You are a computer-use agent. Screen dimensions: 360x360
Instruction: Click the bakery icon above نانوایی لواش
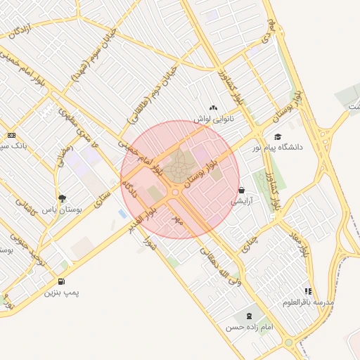213,108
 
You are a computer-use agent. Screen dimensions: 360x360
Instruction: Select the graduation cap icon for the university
277,136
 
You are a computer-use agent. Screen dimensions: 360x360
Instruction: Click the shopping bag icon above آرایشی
242,190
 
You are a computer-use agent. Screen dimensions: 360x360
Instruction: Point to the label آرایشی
242,201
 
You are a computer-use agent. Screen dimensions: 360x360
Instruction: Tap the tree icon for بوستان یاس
63,198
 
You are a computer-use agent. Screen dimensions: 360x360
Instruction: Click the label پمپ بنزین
63,292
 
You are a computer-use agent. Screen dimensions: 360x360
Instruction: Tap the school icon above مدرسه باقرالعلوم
308,290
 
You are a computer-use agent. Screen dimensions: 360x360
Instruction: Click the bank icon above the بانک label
11,135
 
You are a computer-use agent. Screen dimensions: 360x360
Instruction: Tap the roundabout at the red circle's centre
175,192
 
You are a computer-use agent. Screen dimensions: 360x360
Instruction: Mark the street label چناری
250,243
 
